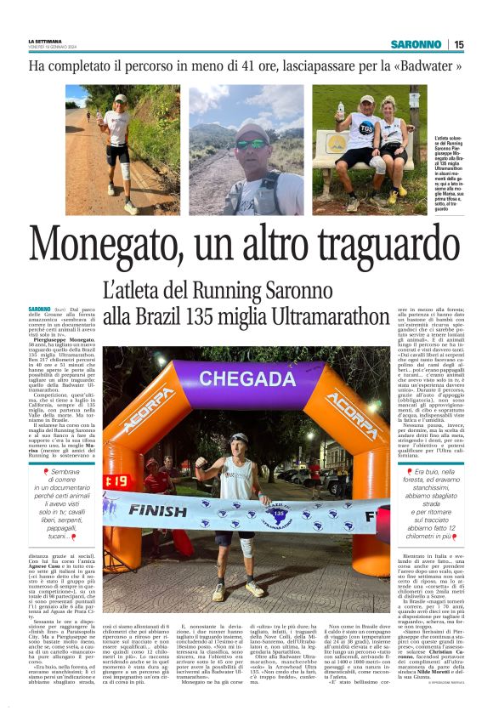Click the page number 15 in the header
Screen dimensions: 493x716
458,44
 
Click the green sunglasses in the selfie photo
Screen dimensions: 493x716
252,143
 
